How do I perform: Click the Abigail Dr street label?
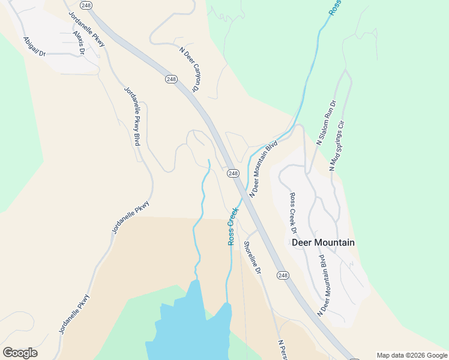coord(34,46)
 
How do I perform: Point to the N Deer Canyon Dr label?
coord(189,70)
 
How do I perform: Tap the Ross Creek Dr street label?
coord(293,213)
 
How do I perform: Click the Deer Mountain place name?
coord(323,242)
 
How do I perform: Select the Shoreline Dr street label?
coord(252,257)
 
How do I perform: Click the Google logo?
coord(20,353)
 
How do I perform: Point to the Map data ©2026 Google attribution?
coord(412,355)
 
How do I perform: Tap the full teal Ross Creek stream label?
coord(232,226)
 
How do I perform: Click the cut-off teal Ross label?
coord(334,8)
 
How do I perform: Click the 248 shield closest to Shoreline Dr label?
coord(283,275)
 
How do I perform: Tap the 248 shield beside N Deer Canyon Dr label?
coord(171,79)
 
